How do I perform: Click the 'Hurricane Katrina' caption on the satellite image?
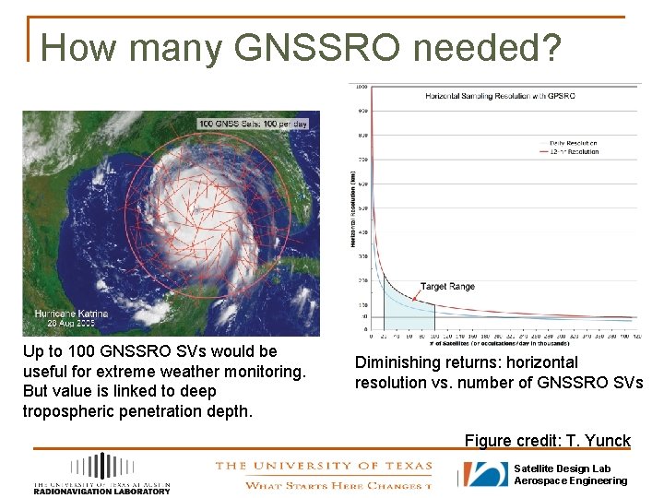click(x=71, y=314)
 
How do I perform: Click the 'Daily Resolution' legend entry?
click(x=573, y=143)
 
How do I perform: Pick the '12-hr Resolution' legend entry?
click(x=573, y=151)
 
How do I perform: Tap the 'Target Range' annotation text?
click(x=447, y=287)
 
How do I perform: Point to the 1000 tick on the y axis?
click(x=362, y=87)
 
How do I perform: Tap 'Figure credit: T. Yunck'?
click(x=547, y=440)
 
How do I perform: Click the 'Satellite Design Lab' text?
click(x=562, y=468)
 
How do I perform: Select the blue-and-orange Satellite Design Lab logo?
click(x=485, y=474)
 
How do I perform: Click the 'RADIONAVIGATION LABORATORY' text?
click(x=101, y=491)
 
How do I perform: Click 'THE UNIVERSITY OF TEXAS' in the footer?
click(x=323, y=466)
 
